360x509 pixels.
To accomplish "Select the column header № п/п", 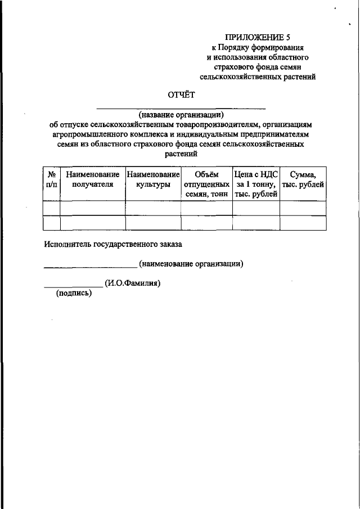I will [51, 179].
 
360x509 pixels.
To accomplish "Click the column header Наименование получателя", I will [92, 179].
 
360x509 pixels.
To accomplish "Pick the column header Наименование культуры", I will [152, 179].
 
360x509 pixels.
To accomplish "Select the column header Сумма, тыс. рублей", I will [303, 179].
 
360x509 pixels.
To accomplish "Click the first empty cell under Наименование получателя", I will [92, 209].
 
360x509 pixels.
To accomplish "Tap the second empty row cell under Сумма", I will [303, 223].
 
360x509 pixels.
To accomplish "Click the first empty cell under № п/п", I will [51, 209].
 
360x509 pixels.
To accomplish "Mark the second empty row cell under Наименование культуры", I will [152, 223].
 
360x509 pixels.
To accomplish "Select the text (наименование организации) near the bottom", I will [191, 263].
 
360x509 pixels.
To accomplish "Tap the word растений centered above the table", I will [181, 153].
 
